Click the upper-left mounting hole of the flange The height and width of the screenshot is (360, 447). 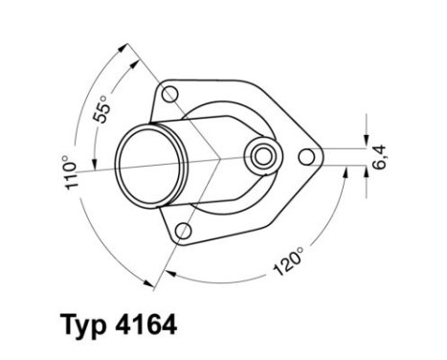(171, 94)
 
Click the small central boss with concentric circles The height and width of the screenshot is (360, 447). (261, 153)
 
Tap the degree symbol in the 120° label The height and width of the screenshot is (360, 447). (300, 251)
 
